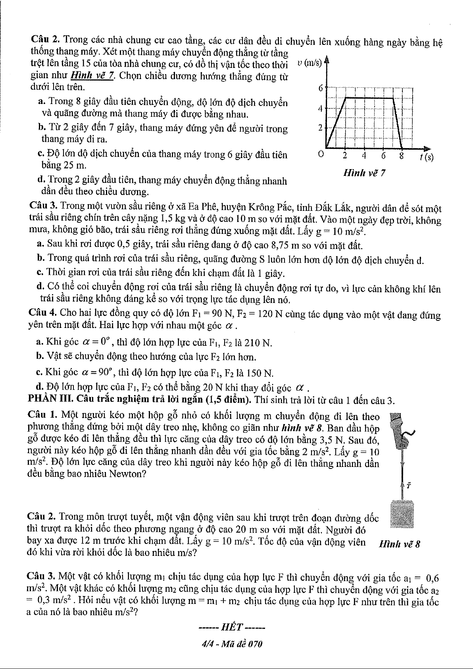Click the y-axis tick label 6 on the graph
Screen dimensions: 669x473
[321, 88]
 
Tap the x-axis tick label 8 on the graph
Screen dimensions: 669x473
[402, 156]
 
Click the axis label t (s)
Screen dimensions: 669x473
[426, 157]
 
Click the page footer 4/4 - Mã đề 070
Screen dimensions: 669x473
[232, 644]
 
